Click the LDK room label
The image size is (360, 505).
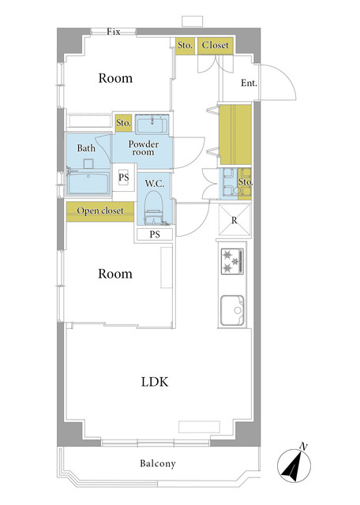coord(155,382)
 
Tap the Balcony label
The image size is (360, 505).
coord(158,463)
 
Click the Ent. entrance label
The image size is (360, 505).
coord(249,83)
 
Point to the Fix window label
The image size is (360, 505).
coord(114,32)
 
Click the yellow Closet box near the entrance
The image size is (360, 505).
coord(215,46)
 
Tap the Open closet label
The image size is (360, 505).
coord(100,211)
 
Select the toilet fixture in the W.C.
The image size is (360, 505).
coord(154,208)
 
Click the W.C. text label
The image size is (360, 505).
coord(155,184)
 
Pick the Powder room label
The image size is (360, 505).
coord(143,148)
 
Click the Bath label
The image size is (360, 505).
coord(86,148)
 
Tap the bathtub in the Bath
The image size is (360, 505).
coord(88,182)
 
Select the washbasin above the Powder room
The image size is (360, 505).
coord(152,125)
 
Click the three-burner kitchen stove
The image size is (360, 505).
coord(232,261)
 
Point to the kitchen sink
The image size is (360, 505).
coord(232,310)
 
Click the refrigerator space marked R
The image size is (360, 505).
coord(234,220)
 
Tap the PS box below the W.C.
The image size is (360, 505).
coord(155,234)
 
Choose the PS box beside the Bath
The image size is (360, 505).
coord(124,178)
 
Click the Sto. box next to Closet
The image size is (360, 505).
coord(185,46)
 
